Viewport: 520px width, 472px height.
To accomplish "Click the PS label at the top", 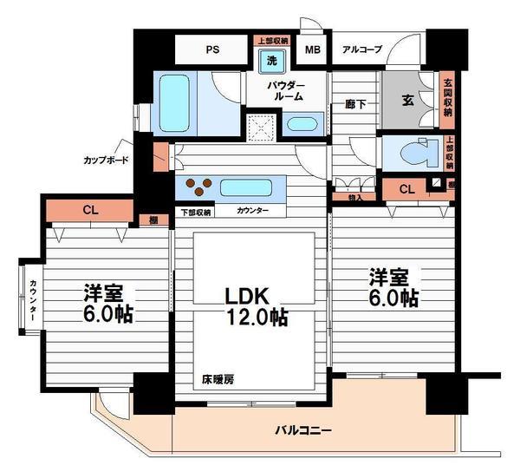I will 212,49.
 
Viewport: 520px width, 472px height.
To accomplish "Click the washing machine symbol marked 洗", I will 272,62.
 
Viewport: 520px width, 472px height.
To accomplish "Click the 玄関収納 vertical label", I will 448,100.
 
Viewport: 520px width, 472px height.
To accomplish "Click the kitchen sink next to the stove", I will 246,187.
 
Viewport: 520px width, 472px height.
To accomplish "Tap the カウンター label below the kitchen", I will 251,211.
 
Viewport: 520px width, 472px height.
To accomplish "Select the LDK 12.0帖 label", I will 252,306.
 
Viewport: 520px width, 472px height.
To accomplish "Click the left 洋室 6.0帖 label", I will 107,303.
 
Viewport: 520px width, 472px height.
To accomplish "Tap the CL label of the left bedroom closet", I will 90,209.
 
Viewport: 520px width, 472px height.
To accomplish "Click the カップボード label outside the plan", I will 107,161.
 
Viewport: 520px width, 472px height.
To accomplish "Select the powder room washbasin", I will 302,122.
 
